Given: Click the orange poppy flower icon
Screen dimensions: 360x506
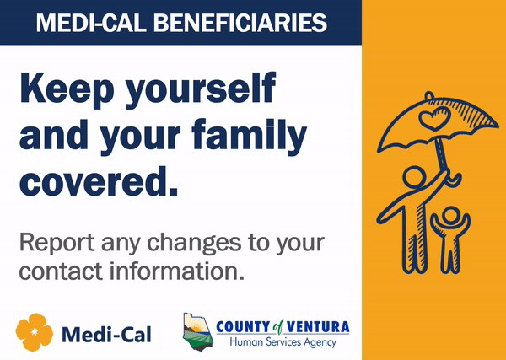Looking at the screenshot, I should coord(35,331).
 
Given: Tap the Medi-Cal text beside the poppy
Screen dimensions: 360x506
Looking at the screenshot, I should coord(106,332).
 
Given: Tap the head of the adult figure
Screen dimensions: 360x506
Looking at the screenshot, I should coord(413,179).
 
